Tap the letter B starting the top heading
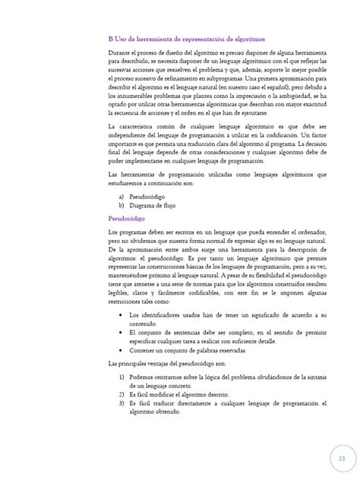(x=111, y=36)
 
